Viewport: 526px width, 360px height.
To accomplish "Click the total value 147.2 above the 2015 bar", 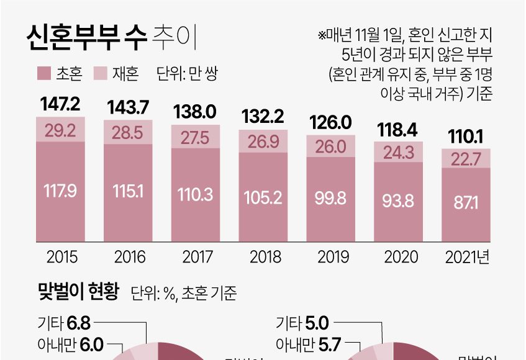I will coord(60,106).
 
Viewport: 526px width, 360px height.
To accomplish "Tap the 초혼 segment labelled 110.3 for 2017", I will coord(196,194).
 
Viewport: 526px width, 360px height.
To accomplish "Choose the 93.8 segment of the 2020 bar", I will coord(399,202).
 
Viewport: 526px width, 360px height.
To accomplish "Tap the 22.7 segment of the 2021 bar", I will coord(466,160).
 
